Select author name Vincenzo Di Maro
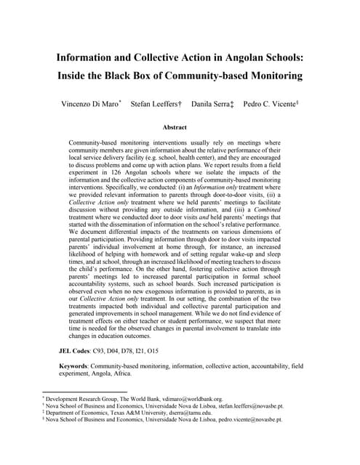91,105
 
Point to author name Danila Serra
211,105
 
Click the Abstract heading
180,127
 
